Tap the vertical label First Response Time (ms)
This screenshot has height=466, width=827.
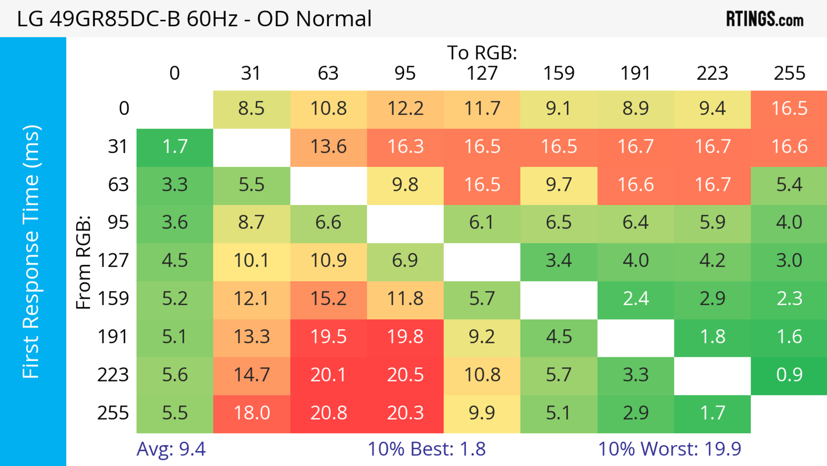coord(31,251)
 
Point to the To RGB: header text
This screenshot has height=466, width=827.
coord(482,53)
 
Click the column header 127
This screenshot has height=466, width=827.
coord(482,73)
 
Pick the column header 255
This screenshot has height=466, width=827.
coord(789,73)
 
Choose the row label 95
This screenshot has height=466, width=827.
coord(118,222)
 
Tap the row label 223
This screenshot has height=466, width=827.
coord(113,375)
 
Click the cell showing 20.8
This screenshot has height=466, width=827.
coord(328,413)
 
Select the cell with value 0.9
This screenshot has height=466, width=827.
coord(789,375)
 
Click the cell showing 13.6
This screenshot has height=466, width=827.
coord(328,147)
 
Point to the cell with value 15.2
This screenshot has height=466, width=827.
coord(328,299)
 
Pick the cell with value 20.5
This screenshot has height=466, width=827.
coord(405,375)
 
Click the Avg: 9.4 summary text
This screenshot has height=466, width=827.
coord(171,449)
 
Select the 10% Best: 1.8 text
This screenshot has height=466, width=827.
coord(426,449)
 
